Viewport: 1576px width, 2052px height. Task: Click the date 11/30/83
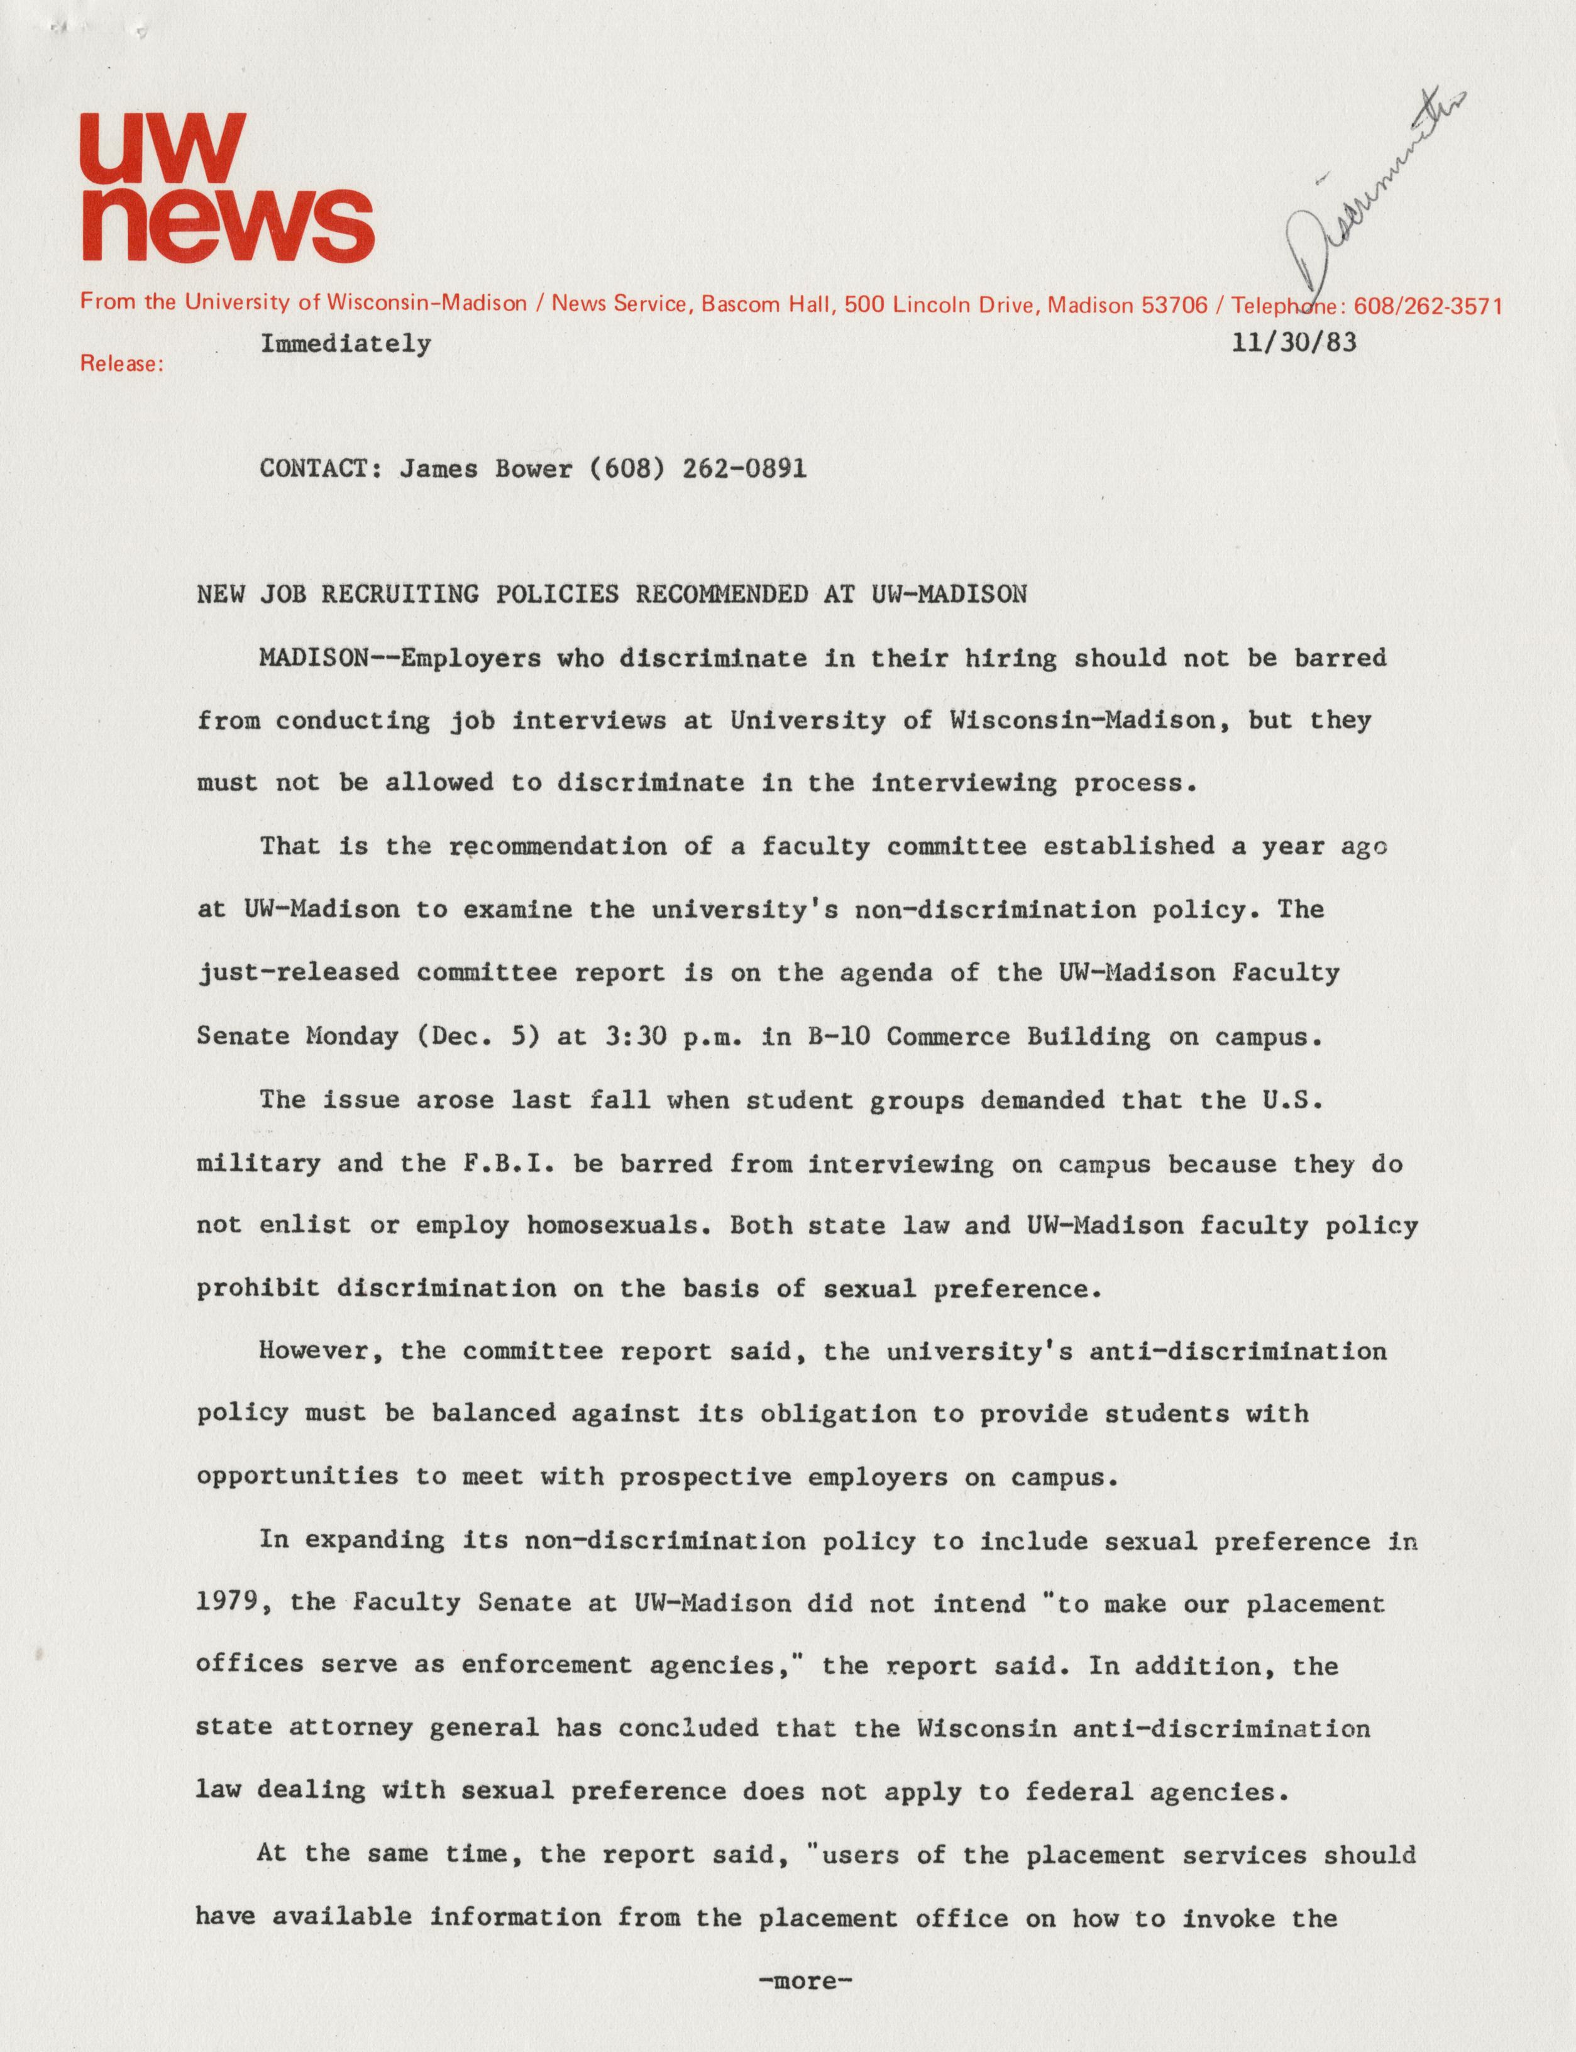click(x=1294, y=343)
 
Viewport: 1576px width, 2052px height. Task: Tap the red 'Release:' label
click(x=122, y=364)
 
